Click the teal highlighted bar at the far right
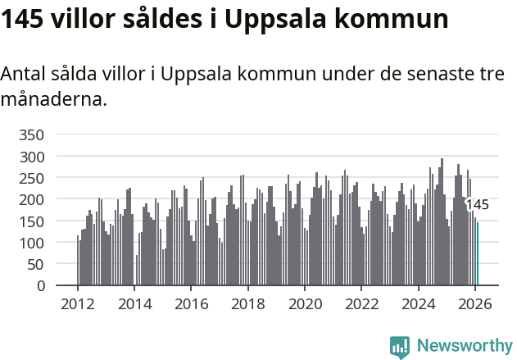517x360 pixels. [478, 254]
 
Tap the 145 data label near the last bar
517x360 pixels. [477, 205]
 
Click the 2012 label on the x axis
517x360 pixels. [78, 303]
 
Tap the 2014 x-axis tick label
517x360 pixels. [134, 303]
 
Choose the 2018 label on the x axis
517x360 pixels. [248, 303]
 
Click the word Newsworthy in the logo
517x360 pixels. [464, 346]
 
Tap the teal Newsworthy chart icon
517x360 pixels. [400, 347]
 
